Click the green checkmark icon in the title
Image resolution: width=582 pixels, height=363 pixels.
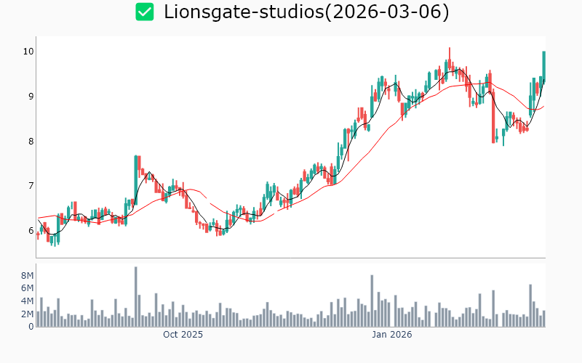145,12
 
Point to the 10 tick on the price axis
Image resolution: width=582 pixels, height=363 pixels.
28,52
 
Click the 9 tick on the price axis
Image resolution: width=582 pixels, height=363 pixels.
30,97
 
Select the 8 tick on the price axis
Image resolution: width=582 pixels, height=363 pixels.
30,142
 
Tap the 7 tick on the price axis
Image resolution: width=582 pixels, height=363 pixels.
30,187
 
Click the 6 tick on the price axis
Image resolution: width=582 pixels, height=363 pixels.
30,232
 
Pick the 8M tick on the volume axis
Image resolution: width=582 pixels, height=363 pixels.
26,276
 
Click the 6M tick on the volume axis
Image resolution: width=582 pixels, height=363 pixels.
26,288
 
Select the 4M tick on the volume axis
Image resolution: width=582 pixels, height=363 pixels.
26,301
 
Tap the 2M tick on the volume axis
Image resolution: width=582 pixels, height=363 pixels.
26,314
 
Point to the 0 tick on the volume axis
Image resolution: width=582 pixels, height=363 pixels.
31,327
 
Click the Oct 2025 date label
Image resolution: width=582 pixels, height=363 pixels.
183,335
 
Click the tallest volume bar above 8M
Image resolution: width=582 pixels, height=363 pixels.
135,296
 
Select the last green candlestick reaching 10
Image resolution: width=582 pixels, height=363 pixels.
543,65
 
